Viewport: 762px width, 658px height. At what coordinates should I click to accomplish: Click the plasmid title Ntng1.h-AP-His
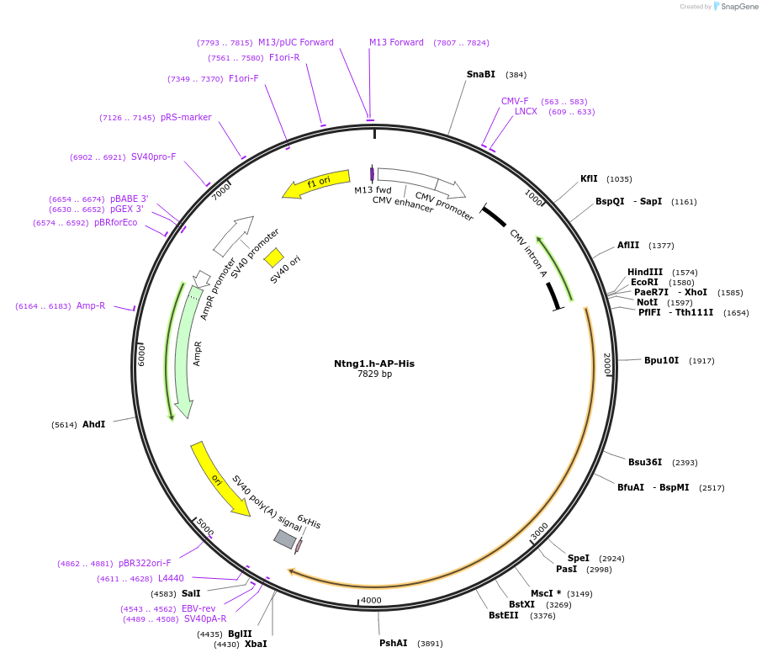point(374,363)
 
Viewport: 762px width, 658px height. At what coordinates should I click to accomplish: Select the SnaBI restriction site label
point(481,74)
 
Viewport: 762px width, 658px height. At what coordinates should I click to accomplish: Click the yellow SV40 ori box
point(273,257)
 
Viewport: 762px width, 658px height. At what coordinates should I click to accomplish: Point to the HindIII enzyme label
point(645,272)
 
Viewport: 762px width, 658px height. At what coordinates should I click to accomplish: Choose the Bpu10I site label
point(661,360)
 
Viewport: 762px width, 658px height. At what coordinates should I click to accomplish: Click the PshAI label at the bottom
point(393,643)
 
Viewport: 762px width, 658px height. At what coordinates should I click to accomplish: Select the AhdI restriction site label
point(93,424)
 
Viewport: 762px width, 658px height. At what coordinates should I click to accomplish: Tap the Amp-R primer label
point(91,305)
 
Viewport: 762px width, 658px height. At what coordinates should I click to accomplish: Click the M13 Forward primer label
point(396,42)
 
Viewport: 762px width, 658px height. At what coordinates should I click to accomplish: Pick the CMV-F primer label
point(515,101)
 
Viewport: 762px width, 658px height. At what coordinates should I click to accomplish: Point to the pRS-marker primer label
point(186,117)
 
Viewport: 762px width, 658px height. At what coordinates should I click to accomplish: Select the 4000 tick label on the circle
point(371,601)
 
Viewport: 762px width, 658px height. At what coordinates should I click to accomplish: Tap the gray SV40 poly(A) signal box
point(285,539)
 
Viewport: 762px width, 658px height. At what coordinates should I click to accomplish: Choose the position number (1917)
point(701,361)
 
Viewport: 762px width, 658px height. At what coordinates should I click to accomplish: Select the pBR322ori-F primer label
point(145,563)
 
